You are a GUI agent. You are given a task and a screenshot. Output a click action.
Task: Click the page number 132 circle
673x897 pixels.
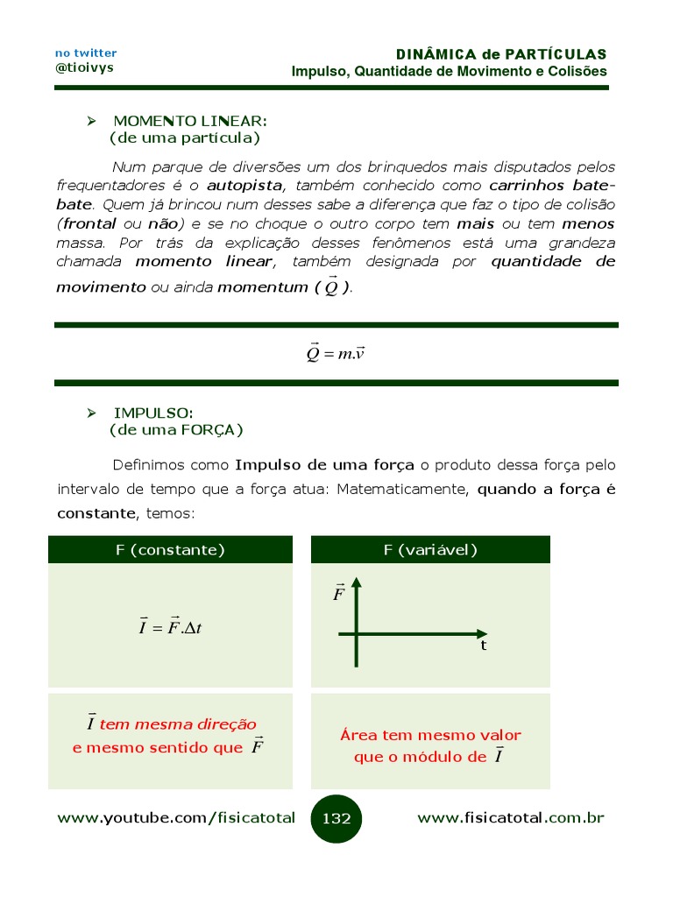pyautogui.click(x=336, y=819)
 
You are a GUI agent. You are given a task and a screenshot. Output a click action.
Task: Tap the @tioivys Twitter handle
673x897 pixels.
pyautogui.click(x=84, y=67)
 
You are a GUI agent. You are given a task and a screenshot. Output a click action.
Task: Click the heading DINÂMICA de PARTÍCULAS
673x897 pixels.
pyautogui.click(x=501, y=54)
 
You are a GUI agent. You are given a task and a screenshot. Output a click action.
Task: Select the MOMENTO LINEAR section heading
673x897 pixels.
pyautogui.click(x=190, y=120)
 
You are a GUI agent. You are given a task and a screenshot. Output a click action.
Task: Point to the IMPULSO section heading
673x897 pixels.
pyautogui.click(x=153, y=413)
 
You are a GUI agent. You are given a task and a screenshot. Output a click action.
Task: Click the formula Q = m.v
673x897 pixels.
pyautogui.click(x=335, y=353)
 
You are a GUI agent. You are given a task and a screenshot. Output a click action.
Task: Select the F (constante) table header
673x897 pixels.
pyautogui.click(x=170, y=550)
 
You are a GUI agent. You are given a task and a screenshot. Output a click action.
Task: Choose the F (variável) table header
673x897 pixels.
pyautogui.click(x=430, y=550)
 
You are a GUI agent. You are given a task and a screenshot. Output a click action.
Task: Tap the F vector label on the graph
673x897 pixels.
pyautogui.click(x=339, y=595)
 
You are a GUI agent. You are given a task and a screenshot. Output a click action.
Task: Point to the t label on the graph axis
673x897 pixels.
pyautogui.click(x=483, y=646)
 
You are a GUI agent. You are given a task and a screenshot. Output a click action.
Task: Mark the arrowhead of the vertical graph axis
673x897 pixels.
pyautogui.click(x=357, y=583)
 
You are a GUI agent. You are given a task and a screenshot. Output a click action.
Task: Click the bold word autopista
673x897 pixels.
pyautogui.click(x=244, y=186)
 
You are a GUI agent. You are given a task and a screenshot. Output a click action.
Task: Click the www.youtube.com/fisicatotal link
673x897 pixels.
pyautogui.click(x=176, y=818)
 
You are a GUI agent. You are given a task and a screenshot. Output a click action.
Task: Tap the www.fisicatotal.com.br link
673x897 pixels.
pyautogui.click(x=511, y=818)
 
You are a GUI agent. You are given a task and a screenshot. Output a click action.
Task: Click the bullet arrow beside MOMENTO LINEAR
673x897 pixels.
pyautogui.click(x=89, y=120)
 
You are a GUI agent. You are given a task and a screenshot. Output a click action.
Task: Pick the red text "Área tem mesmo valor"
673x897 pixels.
pyautogui.click(x=430, y=736)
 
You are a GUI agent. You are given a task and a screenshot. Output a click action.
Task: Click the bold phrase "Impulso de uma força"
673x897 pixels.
pyautogui.click(x=326, y=464)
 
